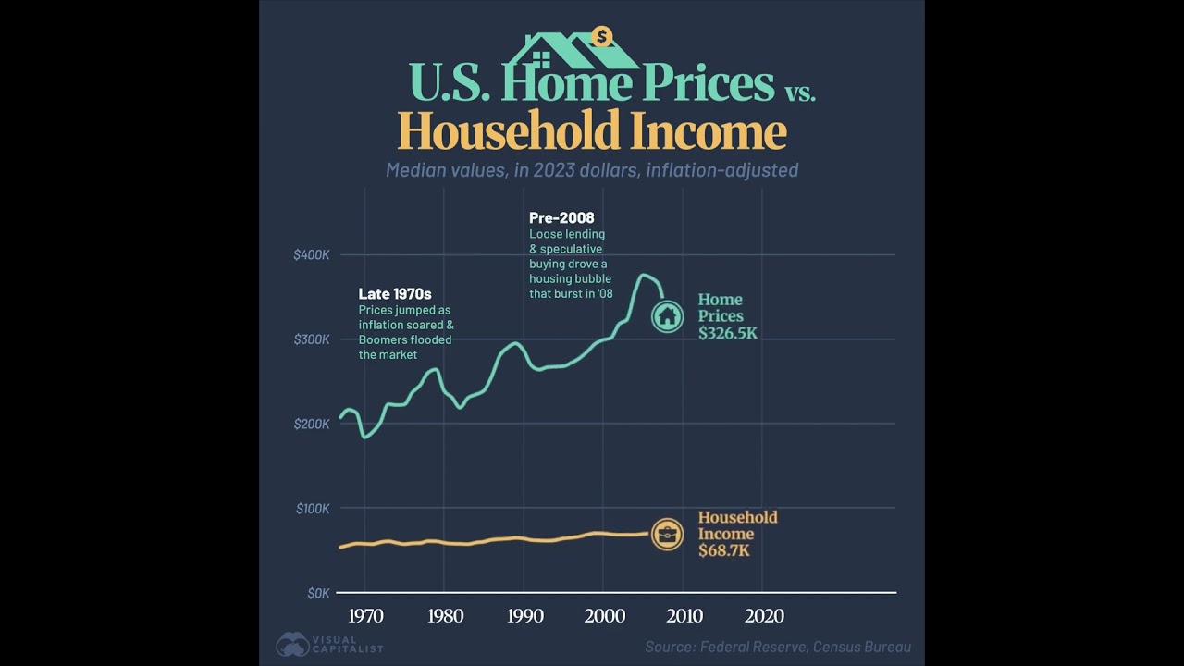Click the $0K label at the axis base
pyautogui.click(x=317, y=593)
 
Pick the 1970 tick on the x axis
pyautogui.click(x=365, y=616)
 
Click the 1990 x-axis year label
pyautogui.click(x=524, y=616)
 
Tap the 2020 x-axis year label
pyautogui.click(x=763, y=616)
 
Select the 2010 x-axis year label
pyautogui.click(x=684, y=616)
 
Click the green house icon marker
pyautogui.click(x=667, y=316)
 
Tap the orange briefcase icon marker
pyautogui.click(x=667, y=534)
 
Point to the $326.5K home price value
pyautogui.click(x=727, y=333)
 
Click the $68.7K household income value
pyautogui.click(x=724, y=551)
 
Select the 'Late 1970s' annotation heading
pyautogui.click(x=395, y=294)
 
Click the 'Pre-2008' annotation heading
pyautogui.click(x=561, y=218)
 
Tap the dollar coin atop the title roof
pyautogui.click(x=603, y=37)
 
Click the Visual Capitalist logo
pyautogui.click(x=329, y=645)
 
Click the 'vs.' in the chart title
pyautogui.click(x=799, y=91)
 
